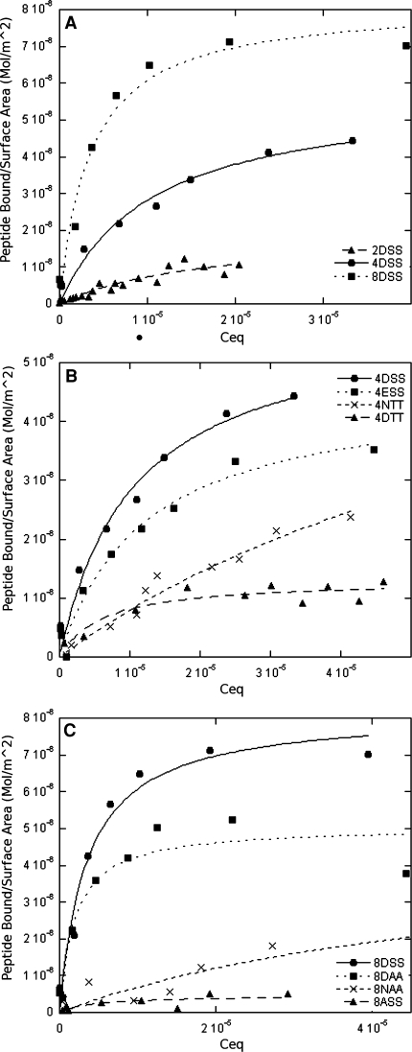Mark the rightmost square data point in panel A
[x=406, y=46]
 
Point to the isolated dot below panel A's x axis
[x=140, y=337]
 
